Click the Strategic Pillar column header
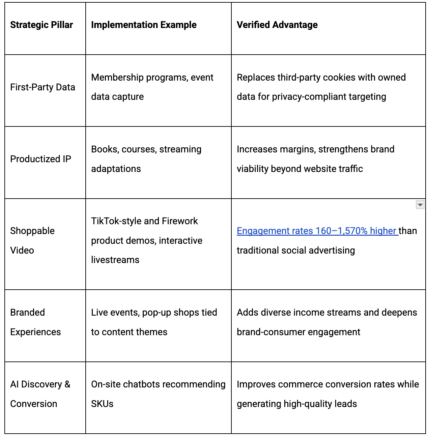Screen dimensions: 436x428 click(41, 25)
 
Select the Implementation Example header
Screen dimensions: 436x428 click(144, 25)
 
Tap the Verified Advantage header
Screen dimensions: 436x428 click(277, 25)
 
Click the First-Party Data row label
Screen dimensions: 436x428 click(42, 87)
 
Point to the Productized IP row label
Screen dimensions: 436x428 click(40, 159)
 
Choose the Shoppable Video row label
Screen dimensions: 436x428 click(32, 240)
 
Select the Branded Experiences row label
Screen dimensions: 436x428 click(35, 322)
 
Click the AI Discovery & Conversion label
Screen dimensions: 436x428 click(40, 394)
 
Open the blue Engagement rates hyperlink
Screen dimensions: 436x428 click(317, 231)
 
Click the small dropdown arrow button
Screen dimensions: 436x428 click(420, 205)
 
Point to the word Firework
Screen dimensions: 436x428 click(180, 221)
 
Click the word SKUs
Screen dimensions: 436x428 click(102, 404)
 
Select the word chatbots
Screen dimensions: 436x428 click(142, 384)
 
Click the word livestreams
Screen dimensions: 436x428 click(115, 260)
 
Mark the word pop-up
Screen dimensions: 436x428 click(157, 313)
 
